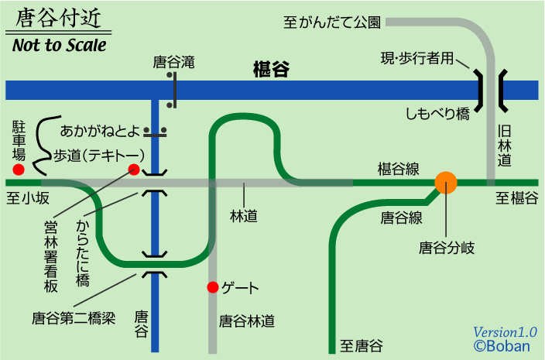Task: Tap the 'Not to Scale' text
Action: coord(59,45)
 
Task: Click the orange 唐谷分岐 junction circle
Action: coord(446,183)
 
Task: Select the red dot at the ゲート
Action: coord(212,288)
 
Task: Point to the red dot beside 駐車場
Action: coord(19,170)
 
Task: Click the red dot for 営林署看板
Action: coord(133,169)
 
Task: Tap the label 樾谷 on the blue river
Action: coord(271,70)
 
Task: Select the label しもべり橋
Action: coord(438,115)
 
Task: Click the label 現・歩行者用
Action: coord(416,59)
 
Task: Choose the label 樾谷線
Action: coord(399,168)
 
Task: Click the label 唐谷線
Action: coord(401,218)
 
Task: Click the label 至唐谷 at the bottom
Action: coord(362,345)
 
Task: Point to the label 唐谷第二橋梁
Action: coord(74,317)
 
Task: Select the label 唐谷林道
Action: coord(246,320)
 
